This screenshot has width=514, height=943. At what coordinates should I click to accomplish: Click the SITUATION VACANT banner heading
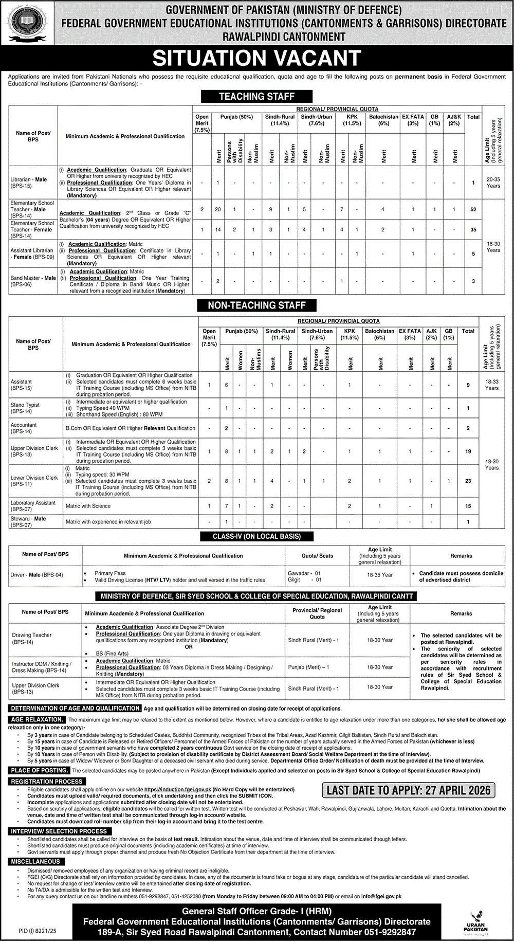pyautogui.click(x=256, y=58)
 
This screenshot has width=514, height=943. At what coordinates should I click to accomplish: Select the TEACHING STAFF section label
pyautogui.click(x=256, y=96)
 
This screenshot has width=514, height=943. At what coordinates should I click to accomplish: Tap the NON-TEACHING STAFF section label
pyautogui.click(x=256, y=305)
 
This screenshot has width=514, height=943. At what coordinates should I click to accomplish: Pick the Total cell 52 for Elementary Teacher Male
pyautogui.click(x=473, y=210)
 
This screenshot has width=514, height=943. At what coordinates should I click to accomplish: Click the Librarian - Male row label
pyautogui.click(x=29, y=183)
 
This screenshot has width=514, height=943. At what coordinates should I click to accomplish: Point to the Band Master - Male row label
pyautogui.click(x=33, y=281)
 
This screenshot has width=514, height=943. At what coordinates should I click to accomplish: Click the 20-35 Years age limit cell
pyautogui.click(x=493, y=183)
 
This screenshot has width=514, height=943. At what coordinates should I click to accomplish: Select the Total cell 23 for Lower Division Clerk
pyautogui.click(x=468, y=481)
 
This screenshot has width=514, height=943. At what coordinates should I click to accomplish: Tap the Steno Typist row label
pyautogui.click(x=25, y=408)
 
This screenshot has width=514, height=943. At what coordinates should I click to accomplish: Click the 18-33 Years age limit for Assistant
pyautogui.click(x=491, y=385)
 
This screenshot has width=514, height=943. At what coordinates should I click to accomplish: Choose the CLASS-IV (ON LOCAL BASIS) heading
pyautogui.click(x=256, y=536)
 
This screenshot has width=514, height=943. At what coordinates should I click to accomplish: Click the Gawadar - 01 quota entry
pyautogui.click(x=304, y=573)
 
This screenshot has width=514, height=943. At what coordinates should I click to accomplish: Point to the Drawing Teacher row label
pyautogui.click(x=32, y=638)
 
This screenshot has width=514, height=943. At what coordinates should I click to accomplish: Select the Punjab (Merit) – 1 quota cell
pyautogui.click(x=308, y=667)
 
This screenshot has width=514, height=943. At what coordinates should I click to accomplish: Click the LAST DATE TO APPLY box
pyautogui.click(x=409, y=790)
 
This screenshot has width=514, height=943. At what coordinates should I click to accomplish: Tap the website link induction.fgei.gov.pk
pyautogui.click(x=178, y=789)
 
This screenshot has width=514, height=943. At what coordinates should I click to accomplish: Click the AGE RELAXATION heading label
pyautogui.click(x=37, y=720)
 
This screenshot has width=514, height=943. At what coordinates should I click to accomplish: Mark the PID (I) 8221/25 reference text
pyautogui.click(x=30, y=930)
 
